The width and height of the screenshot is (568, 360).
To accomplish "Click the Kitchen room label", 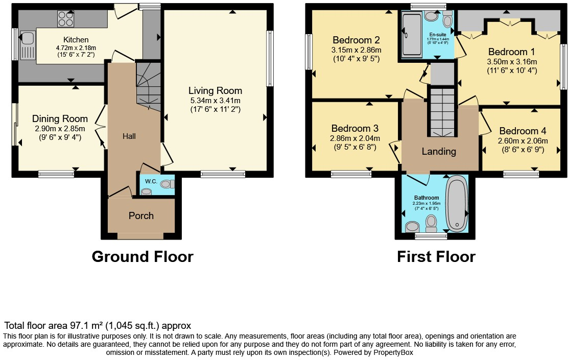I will [x=76, y=40].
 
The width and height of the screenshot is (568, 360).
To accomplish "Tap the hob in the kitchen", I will [x=65, y=19].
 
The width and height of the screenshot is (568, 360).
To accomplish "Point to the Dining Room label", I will [x=60, y=119].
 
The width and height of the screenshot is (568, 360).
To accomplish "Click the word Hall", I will [x=129, y=136].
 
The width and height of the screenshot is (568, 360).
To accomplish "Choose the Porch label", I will [x=141, y=215].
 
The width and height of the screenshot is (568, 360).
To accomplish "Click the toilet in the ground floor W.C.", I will [x=167, y=184].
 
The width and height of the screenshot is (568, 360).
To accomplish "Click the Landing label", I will [x=439, y=152].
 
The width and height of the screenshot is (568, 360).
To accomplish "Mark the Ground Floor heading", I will [x=143, y=256].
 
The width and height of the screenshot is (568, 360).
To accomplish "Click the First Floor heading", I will [x=436, y=256].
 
